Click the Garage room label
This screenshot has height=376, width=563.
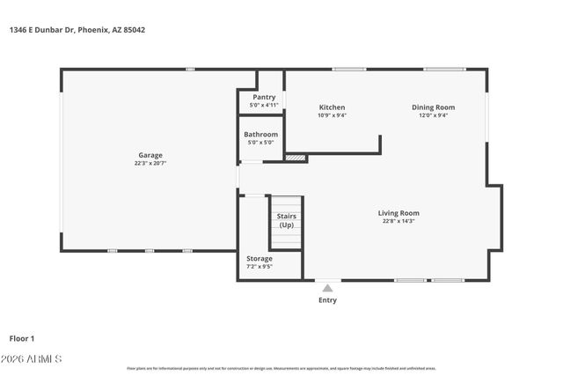(150, 155)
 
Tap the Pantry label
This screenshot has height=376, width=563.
(264, 97)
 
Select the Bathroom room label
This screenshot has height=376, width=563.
(260, 135)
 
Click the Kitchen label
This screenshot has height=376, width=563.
(332, 107)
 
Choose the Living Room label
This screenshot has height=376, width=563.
(398, 213)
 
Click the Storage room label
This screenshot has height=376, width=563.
(260, 259)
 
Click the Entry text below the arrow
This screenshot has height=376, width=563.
(327, 300)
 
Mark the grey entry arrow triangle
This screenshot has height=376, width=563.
(327, 287)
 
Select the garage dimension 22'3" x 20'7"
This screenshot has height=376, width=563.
(150, 163)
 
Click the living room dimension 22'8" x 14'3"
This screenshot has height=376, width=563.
(398, 221)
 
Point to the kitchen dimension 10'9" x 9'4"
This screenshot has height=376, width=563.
(332, 115)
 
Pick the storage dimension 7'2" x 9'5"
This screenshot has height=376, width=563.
(260, 267)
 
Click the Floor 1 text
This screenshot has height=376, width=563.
(22, 338)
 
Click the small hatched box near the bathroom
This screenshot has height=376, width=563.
(296, 159)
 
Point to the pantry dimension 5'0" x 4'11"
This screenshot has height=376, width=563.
(264, 105)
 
